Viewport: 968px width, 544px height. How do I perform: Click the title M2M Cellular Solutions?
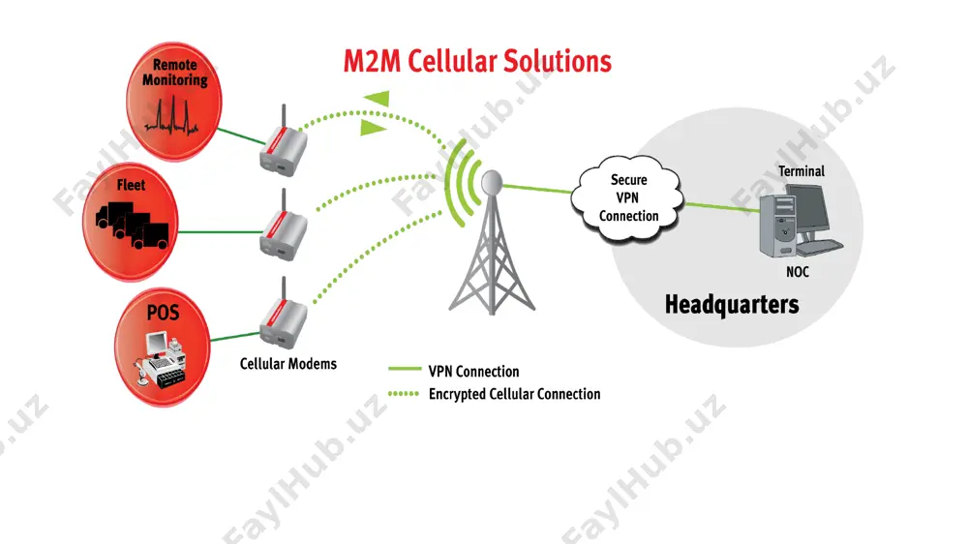pyautogui.click(x=477, y=61)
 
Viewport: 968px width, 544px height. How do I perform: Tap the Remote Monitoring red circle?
pyautogui.click(x=174, y=102)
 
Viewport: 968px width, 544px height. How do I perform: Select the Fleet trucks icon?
pyautogui.click(x=132, y=225)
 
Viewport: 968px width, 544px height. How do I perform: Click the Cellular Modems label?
pyautogui.click(x=288, y=364)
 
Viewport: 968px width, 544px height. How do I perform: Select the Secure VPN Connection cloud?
pyautogui.click(x=627, y=197)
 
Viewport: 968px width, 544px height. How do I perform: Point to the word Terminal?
pyautogui.click(x=801, y=171)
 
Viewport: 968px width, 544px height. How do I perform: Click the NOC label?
pyautogui.click(x=797, y=272)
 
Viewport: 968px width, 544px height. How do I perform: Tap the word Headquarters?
pyautogui.click(x=732, y=304)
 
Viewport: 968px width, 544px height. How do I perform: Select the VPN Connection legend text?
pyautogui.click(x=473, y=371)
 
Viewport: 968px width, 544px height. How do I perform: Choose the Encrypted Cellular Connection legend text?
pyautogui.click(x=514, y=394)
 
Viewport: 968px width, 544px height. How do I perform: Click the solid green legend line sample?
pyautogui.click(x=405, y=369)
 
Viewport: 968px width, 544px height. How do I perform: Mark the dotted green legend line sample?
pyautogui.click(x=405, y=393)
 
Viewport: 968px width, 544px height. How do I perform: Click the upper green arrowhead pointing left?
pyautogui.click(x=377, y=98)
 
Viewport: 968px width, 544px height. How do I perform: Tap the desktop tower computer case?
pyautogui.click(x=777, y=225)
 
